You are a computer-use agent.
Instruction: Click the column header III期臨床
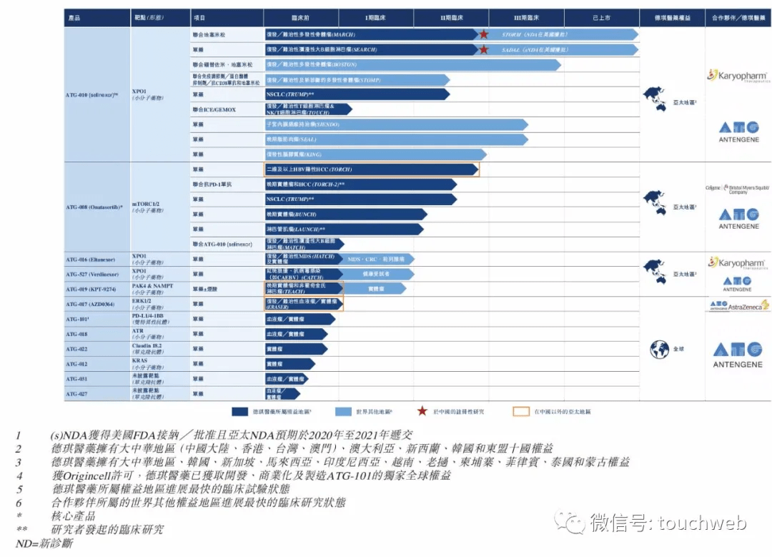coord(526,17)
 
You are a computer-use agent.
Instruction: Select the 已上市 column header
coord(601,17)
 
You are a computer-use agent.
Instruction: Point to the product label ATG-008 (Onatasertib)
coord(94,207)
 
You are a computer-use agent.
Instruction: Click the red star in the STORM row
coord(484,34)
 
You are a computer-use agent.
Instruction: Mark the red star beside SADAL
coord(484,49)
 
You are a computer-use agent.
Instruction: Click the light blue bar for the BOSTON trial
coord(412,64)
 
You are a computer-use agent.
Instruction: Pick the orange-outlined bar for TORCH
coord(371,169)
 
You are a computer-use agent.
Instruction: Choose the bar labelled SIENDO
coord(396,124)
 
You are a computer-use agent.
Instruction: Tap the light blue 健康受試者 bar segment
coord(379,274)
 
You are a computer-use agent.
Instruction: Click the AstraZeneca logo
coord(738,305)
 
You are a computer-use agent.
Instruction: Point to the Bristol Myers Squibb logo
coord(738,189)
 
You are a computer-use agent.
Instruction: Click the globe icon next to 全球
coord(659,349)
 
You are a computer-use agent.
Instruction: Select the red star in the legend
coord(424,411)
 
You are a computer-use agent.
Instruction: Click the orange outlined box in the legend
coord(521,411)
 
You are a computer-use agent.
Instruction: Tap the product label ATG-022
coord(76,350)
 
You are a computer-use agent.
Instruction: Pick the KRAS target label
coord(139,361)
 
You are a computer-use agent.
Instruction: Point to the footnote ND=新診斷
coord(44,543)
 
